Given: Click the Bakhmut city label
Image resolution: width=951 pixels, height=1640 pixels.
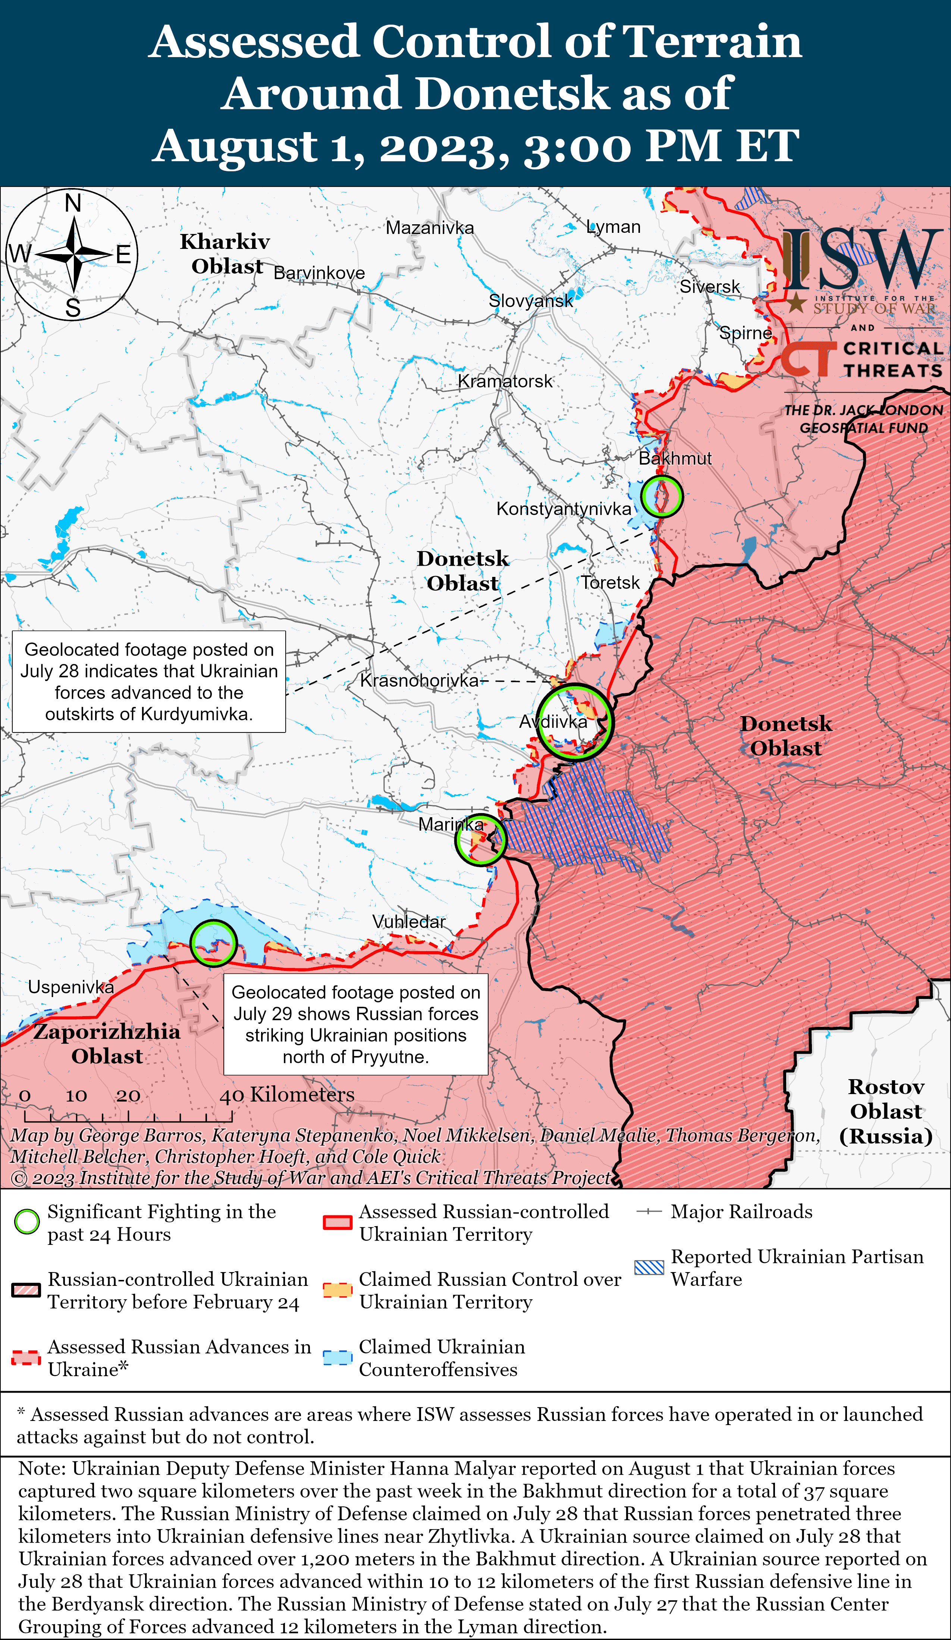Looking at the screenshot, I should (675, 458).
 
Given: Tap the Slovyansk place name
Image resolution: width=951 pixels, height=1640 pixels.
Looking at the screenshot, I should (531, 301).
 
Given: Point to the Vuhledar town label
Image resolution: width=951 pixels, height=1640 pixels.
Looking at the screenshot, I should (408, 922).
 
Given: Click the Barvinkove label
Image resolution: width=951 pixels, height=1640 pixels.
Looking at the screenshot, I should (319, 273).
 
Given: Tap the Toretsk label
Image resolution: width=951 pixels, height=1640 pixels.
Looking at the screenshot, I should (610, 582).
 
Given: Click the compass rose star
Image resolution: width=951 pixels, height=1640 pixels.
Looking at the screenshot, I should (73, 254).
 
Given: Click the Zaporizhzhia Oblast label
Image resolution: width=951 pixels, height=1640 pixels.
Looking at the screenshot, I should (107, 1043).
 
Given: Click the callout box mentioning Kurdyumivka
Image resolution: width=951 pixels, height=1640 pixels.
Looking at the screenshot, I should (149, 681).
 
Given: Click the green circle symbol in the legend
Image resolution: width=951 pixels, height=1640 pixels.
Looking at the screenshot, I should (27, 1222).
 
